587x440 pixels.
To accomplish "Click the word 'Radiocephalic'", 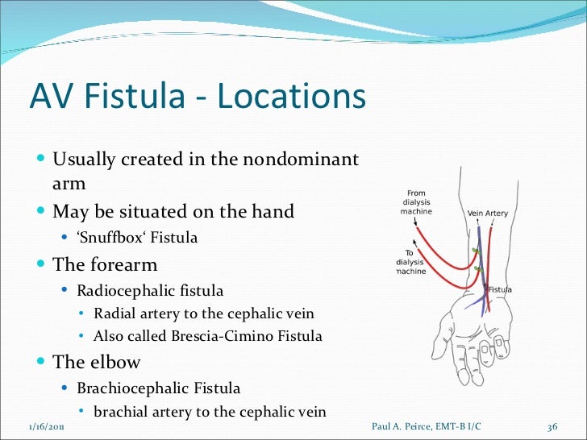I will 122,290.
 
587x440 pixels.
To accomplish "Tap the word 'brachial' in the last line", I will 118,411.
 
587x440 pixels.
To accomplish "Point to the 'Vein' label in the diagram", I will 475,213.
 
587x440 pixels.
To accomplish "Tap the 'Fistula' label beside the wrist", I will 499,289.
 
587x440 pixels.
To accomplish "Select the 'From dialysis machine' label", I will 416,201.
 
